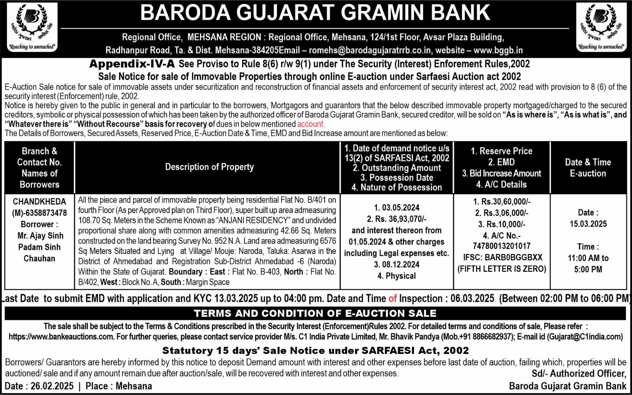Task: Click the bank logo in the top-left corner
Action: click(32, 28)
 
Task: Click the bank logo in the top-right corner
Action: click(601, 28)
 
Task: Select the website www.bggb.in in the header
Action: click(498, 51)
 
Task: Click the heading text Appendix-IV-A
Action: click(132, 64)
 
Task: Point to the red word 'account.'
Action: click(310, 124)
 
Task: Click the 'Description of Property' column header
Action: click(209, 167)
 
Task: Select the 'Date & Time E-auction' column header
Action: click(588, 167)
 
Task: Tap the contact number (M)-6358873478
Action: click(39, 213)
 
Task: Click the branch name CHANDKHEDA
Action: click(39, 201)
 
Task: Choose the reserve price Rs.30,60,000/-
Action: click(506, 202)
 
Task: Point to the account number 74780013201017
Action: click(502, 246)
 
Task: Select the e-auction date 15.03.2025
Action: click(588, 224)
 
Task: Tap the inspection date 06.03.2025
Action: click(472, 299)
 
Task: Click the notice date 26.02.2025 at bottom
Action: click(52, 386)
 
